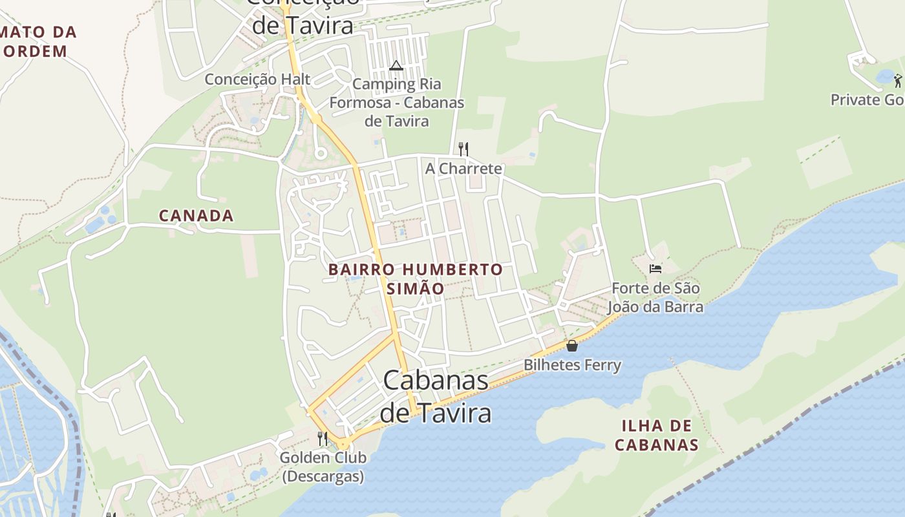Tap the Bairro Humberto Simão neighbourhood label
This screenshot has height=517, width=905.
415,279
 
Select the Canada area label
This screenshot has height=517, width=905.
196,216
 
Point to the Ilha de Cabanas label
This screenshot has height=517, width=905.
656,435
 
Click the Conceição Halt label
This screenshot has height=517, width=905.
257,79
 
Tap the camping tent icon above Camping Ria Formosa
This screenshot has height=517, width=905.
396,65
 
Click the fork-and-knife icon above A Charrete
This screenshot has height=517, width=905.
463,149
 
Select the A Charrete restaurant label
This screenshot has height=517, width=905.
463,169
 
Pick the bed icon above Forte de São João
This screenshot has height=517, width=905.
655,268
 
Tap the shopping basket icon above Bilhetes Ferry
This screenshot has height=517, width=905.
571,346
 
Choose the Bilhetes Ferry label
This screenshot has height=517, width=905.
572,365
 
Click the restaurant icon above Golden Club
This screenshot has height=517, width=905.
323,438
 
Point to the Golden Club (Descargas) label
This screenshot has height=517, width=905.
323,467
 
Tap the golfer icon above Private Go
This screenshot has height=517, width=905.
897,81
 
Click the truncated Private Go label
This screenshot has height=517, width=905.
867,100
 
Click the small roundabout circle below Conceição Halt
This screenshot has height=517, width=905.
319,153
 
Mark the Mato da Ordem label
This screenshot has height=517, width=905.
39,41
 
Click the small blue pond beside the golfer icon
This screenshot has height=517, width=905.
884,78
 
